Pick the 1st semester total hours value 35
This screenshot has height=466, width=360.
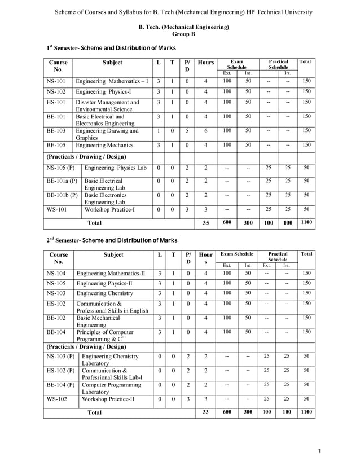205,223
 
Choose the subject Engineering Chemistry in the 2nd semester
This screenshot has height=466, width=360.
104,293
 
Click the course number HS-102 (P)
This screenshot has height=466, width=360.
59,370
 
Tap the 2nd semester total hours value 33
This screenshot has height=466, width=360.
205,412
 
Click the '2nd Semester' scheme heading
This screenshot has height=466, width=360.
112,240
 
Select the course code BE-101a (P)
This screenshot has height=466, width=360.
60,181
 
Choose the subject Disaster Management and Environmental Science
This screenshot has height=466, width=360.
107,105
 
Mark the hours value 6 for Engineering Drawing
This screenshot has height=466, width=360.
205,130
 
